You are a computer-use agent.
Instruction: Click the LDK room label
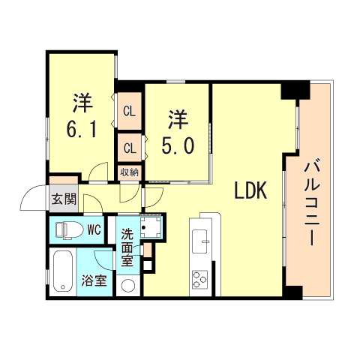[250, 191]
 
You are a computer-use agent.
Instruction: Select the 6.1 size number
[81, 128]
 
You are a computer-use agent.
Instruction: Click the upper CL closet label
[129, 112]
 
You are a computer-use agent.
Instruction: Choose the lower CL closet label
[129, 147]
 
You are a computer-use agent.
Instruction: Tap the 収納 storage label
[129, 172]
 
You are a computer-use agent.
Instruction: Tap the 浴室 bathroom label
[94, 283]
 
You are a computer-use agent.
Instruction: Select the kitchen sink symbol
[202, 241]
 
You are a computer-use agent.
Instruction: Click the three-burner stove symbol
[202, 280]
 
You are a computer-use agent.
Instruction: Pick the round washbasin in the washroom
[128, 286]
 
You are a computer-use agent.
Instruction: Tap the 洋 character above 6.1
[82, 101]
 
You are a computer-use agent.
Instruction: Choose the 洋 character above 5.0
[177, 118]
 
